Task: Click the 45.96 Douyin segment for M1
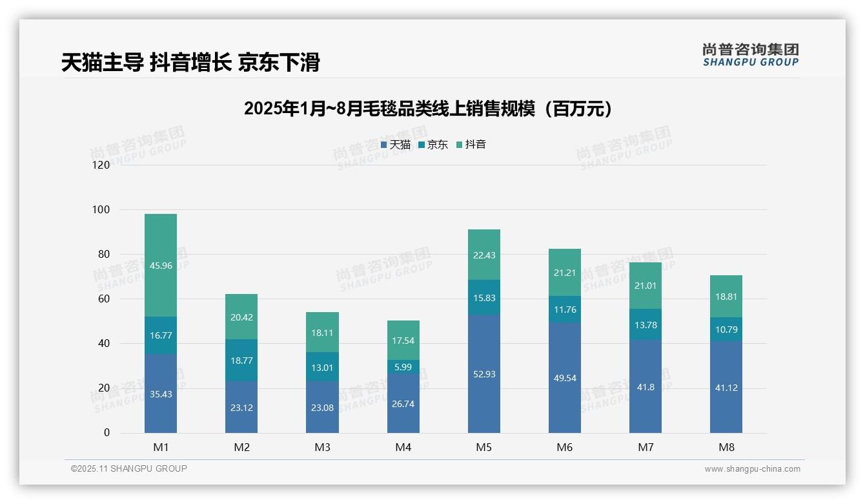[161, 266]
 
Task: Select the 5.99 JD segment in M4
[403, 367]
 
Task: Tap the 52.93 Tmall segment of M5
[483, 374]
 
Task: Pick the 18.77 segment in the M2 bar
[241, 360]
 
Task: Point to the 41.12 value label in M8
[726, 388]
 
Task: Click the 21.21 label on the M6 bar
[564, 273]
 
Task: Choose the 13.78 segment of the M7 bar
[645, 325]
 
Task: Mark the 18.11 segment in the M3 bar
[322, 333]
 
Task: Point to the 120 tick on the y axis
[101, 165]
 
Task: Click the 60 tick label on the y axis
[103, 299]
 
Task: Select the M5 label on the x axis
[483, 447]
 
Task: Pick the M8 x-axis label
[726, 447]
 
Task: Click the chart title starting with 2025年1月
[427, 109]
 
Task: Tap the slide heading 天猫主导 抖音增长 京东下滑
[190, 63]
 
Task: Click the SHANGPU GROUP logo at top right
[751, 55]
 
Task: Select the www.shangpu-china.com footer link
[752, 469]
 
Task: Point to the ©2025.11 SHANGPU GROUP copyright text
[128, 468]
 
